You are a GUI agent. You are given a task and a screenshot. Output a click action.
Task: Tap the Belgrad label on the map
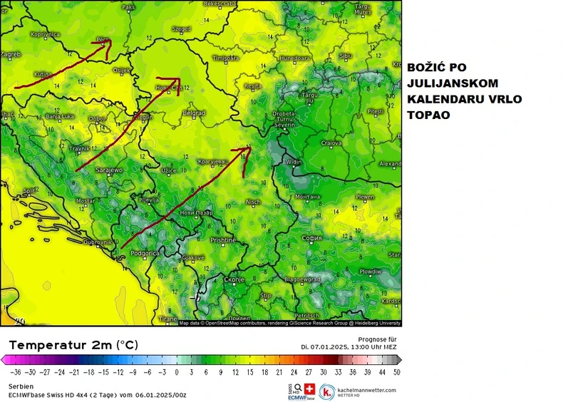tap(194, 113)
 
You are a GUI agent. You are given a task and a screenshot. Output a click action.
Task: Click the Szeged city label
tap(182, 29)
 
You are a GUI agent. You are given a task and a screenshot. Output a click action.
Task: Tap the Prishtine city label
tap(223, 240)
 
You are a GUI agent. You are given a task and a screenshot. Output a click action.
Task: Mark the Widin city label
tap(293, 162)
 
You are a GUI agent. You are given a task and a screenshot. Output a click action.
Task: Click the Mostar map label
tap(86, 201)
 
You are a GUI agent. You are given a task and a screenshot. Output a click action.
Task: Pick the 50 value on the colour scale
tap(397, 371)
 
